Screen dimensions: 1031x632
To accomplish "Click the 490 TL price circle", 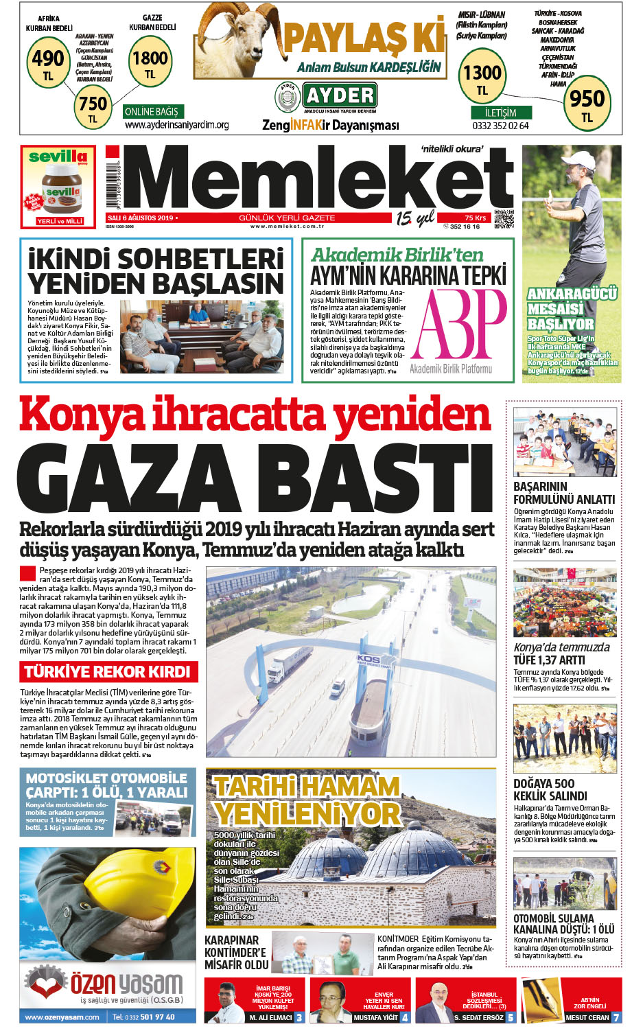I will tap(49, 62).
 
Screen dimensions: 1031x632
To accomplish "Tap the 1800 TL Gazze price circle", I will tap(150, 63).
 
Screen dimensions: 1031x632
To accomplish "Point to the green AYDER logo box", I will tap(340, 95).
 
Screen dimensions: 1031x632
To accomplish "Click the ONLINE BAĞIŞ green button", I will tap(152, 111).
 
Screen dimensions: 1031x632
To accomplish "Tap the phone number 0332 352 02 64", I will tap(500, 126).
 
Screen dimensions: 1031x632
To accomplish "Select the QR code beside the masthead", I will tap(503, 218).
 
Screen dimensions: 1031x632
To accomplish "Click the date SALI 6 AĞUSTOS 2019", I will tap(141, 218).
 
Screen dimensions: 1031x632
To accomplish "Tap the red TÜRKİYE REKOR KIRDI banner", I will tap(107, 671).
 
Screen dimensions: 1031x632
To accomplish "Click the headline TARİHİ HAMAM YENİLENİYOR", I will tap(307, 800).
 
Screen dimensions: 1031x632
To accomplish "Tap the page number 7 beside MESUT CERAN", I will tap(616, 1017).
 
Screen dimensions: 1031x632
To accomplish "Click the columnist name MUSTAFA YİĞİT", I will tap(376, 1017).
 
